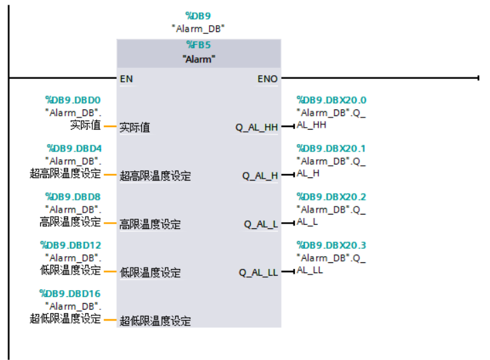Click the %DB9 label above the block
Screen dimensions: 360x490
tap(198, 15)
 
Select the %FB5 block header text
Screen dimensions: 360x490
tap(198, 45)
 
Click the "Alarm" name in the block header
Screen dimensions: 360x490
tap(198, 59)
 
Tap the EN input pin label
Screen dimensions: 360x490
tap(126, 79)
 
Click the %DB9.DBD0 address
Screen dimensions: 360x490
tap(73, 100)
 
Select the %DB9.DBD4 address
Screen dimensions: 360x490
tap(74, 148)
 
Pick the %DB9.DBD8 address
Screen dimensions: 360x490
tap(74, 197)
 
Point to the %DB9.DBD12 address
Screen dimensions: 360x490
tap(71, 245)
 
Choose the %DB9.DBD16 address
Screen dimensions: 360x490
tap(71, 293)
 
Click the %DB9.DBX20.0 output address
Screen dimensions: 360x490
tap(332, 100)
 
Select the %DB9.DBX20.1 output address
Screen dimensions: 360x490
tap(331, 148)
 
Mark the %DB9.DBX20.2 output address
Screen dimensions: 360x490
tap(332, 197)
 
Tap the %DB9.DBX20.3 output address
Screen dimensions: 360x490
tap(332, 245)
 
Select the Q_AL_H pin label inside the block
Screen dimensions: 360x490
tap(260, 176)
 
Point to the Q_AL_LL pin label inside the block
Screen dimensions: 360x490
tap(258, 272)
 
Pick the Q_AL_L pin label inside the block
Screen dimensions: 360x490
tap(261, 224)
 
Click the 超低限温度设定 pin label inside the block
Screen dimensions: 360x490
tap(155, 321)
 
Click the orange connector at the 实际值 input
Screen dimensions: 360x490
tap(110, 126)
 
